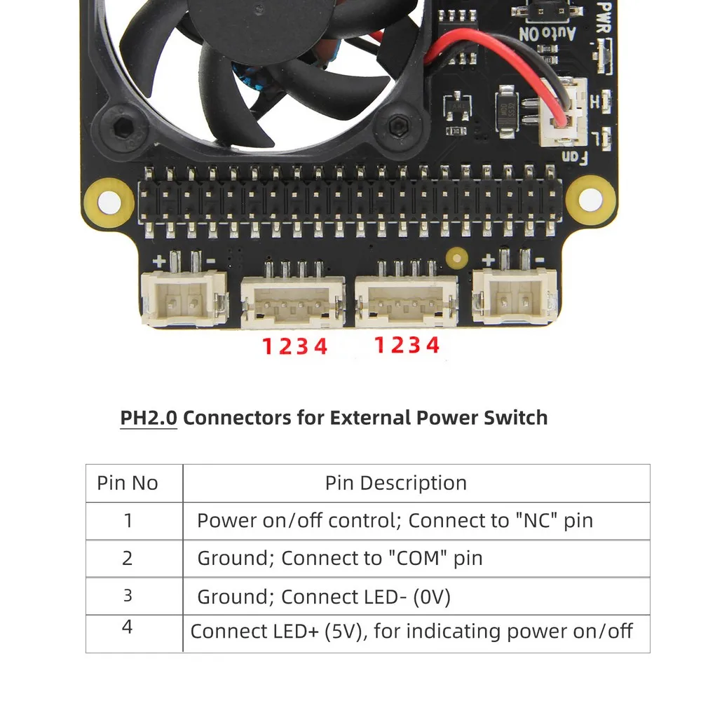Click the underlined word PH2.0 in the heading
click(x=149, y=418)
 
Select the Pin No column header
click(x=128, y=483)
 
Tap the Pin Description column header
click(x=395, y=483)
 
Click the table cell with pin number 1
click(x=128, y=520)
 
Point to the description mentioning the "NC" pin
click(x=395, y=521)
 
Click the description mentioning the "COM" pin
click(x=339, y=558)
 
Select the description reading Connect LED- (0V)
click(x=323, y=597)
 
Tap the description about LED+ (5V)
click(x=411, y=631)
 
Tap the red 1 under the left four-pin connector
click(x=267, y=346)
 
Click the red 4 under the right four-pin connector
click(x=433, y=345)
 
